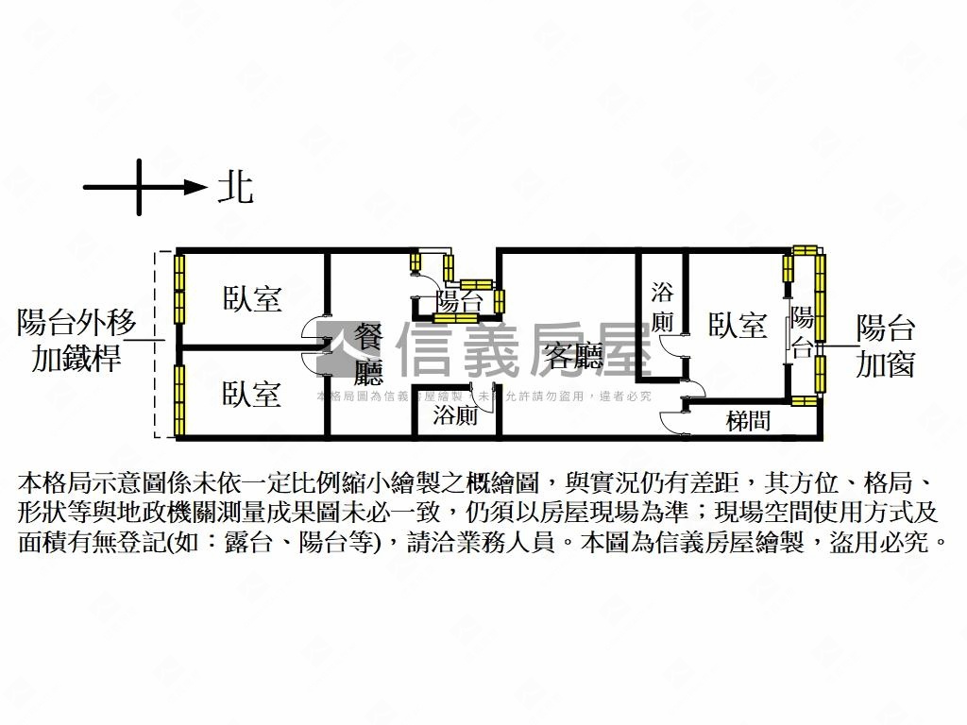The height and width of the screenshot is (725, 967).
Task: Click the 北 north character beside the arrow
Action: click(x=236, y=186)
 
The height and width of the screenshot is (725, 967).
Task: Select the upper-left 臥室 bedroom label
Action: click(x=252, y=299)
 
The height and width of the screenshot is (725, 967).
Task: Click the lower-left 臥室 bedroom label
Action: click(x=252, y=393)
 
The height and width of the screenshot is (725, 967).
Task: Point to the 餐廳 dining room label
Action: click(x=368, y=351)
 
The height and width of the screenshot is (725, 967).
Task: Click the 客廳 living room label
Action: click(x=574, y=356)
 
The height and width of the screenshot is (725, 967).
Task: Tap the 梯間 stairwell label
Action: click(x=748, y=421)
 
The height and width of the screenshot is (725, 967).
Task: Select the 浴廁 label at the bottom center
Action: click(x=455, y=416)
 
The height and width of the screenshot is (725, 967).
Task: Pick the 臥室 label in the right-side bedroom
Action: click(x=738, y=326)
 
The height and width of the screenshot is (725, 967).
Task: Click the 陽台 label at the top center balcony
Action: click(x=460, y=302)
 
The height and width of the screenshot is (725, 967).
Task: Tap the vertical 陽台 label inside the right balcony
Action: click(x=802, y=331)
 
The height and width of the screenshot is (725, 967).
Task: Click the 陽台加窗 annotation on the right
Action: click(x=885, y=346)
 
